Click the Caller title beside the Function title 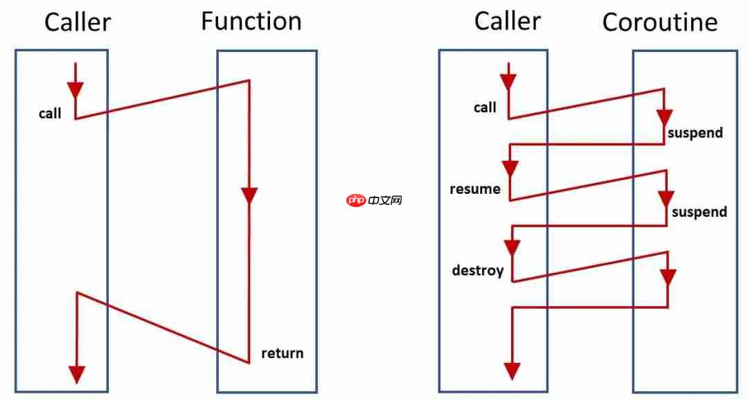coord(77,22)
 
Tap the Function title coord(251,21)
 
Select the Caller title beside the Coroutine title coord(507,21)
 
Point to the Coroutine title coord(659,22)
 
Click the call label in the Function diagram coord(50,114)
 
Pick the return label coord(282,353)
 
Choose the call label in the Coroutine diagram coord(485,107)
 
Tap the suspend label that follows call coord(695,132)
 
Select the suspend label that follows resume coord(699,212)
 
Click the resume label coord(474,189)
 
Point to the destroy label coord(477,270)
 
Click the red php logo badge coord(356,201)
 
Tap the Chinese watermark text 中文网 coord(385,201)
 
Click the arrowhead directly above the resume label coord(510,168)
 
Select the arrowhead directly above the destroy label coord(512,248)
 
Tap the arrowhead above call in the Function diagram coord(75,89)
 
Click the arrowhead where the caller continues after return coord(77,373)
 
